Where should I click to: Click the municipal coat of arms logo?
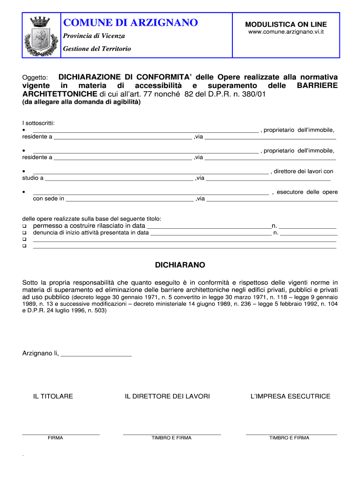pyautogui.click(x=39, y=36)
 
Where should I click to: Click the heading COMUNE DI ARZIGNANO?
pyautogui.click(x=130, y=22)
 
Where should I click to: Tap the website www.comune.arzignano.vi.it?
pyautogui.click(x=286, y=32)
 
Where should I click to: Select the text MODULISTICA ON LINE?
pyautogui.click(x=286, y=24)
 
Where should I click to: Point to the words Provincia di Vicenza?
pyautogui.click(x=94, y=36)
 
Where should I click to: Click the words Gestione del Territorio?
pyautogui.click(x=97, y=49)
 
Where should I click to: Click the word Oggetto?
pyautogui.click(x=36, y=77)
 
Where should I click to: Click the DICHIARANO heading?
pyautogui.click(x=180, y=265)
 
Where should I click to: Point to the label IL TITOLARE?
pyautogui.click(x=53, y=396)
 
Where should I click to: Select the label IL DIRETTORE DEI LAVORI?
pyautogui.click(x=167, y=396)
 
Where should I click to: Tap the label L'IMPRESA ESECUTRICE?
pyautogui.click(x=290, y=396)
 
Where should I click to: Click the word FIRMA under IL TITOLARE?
pyautogui.click(x=55, y=438)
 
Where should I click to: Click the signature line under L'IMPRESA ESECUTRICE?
pyautogui.click(x=291, y=435)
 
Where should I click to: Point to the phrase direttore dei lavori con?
pyautogui.click(x=303, y=171)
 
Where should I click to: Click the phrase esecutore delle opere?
pyautogui.click(x=307, y=192)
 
